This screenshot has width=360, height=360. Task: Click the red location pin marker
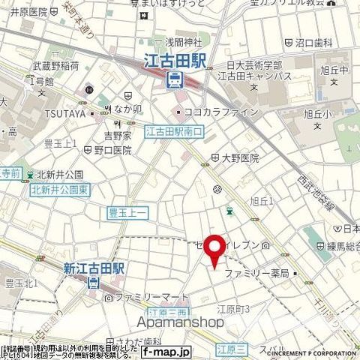215,251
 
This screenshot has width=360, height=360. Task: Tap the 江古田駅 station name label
174,62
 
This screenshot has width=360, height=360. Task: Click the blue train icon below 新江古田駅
92,283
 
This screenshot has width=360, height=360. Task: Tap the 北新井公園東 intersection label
59,190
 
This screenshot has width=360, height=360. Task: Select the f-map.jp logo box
167,351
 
